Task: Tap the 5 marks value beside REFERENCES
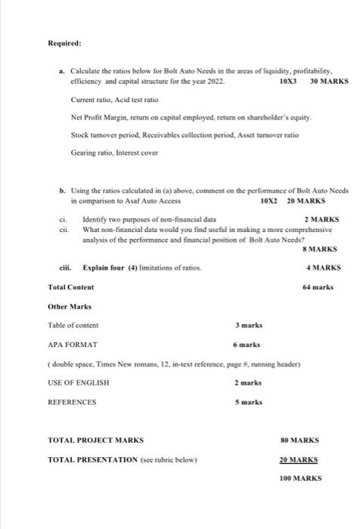248,402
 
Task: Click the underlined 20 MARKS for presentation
299,459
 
